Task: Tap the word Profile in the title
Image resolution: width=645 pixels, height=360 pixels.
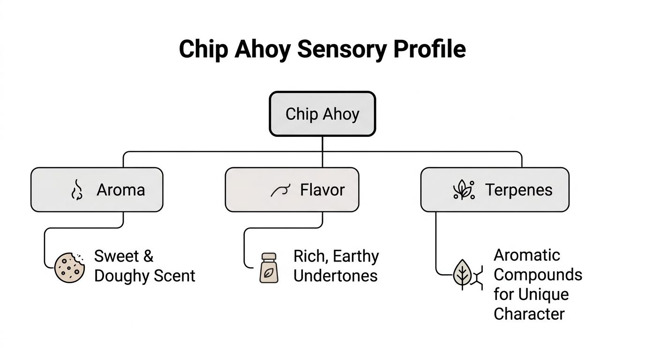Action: (x=429, y=49)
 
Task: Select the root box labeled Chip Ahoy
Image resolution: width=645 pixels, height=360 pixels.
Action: (x=322, y=114)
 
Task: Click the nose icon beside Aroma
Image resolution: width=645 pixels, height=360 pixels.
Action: (x=76, y=190)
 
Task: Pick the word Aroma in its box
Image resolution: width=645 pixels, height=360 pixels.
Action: (x=120, y=190)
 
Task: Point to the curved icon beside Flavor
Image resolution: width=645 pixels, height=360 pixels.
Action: (x=280, y=190)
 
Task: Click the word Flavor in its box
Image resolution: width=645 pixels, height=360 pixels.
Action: (x=322, y=190)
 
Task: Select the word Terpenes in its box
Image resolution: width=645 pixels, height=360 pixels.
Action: (x=518, y=190)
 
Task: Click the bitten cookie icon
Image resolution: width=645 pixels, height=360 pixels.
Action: (x=70, y=267)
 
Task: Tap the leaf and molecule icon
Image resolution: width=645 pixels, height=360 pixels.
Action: (x=467, y=275)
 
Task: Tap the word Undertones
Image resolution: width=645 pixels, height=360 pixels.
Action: (x=335, y=276)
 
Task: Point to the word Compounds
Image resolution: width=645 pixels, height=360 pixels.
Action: (x=538, y=275)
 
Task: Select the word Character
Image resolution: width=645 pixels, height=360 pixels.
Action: (x=529, y=314)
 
